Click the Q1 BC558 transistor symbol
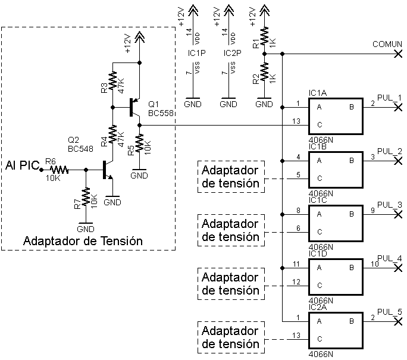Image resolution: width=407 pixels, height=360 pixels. [134, 108]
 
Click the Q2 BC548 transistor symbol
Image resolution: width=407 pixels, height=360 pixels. [107, 170]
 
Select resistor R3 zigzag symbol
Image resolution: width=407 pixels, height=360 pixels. [112, 80]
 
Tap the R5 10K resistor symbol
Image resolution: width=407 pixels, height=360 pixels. [139, 143]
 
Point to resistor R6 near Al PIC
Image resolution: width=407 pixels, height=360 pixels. [59, 170]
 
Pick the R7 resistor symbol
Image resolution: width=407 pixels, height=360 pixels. [86, 196]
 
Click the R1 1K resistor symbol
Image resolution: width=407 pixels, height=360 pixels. [264, 36]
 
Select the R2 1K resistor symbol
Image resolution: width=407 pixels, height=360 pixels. [264, 71]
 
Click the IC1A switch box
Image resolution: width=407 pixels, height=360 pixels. [336, 116]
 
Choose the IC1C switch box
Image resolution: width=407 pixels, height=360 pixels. [336, 224]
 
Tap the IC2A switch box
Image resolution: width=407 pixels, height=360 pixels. [336, 330]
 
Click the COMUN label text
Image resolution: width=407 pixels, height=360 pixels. [387, 44]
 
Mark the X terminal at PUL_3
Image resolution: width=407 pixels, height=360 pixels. [398, 214]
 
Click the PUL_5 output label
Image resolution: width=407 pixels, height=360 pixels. [389, 312]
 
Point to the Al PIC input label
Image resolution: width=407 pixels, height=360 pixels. [23, 165]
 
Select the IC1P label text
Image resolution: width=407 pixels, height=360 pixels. [197, 53]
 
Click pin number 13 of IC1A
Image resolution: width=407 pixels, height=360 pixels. [296, 121]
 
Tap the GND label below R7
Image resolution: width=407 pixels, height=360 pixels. [86, 229]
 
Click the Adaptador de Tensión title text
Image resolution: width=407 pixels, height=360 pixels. [83, 241]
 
